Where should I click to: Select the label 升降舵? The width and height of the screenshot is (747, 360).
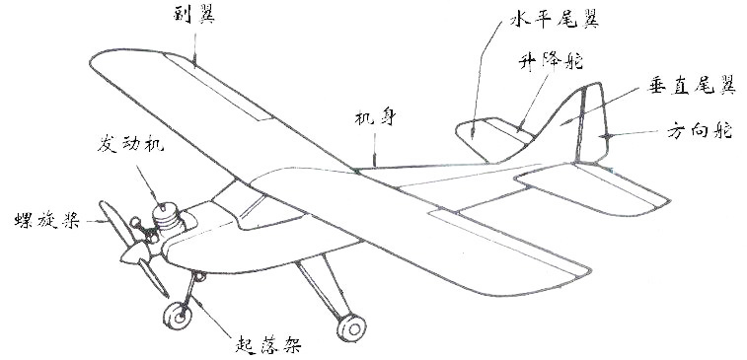[x=549, y=60]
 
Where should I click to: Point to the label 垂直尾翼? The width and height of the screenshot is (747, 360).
[x=692, y=87]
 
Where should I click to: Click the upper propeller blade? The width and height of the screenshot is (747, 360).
[x=112, y=223]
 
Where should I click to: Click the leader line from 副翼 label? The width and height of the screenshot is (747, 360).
[x=194, y=45]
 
